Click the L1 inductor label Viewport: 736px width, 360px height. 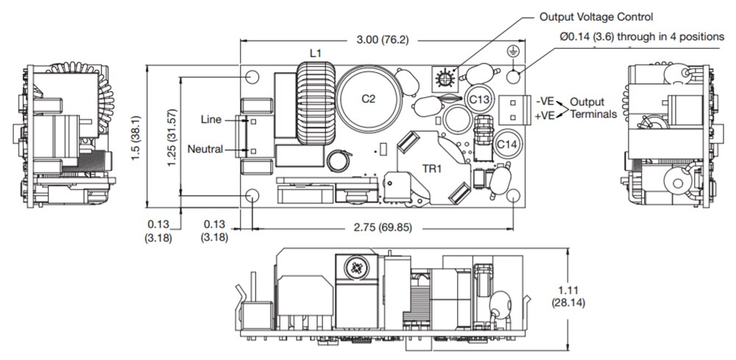click(315, 53)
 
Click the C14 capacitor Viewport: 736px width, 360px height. click(506, 144)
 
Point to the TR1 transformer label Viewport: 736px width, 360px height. click(431, 168)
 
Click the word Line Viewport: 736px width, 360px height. click(210, 119)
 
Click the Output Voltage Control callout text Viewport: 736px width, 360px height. click(596, 16)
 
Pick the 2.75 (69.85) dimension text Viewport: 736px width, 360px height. click(383, 227)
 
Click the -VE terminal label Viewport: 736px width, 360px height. click(545, 101)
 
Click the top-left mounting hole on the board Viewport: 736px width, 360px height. click(252, 77)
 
